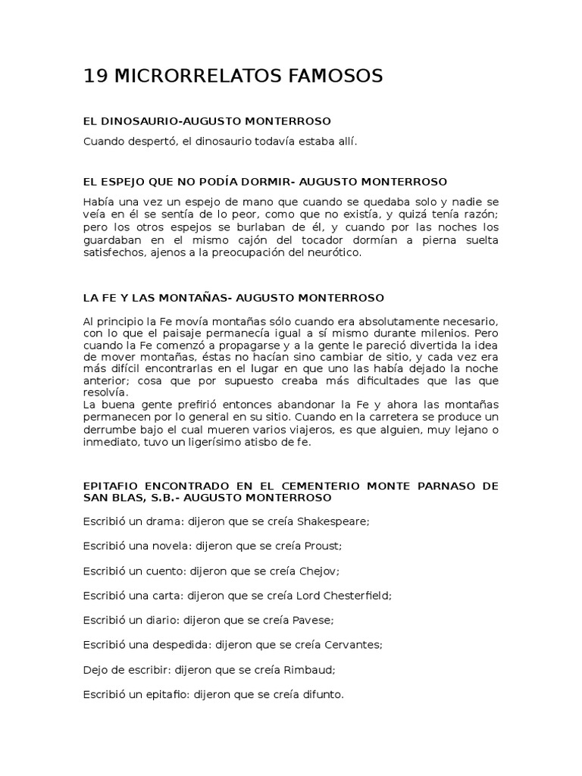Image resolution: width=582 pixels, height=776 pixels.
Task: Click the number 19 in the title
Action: [95, 76]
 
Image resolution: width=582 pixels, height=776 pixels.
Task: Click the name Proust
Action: [324, 546]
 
